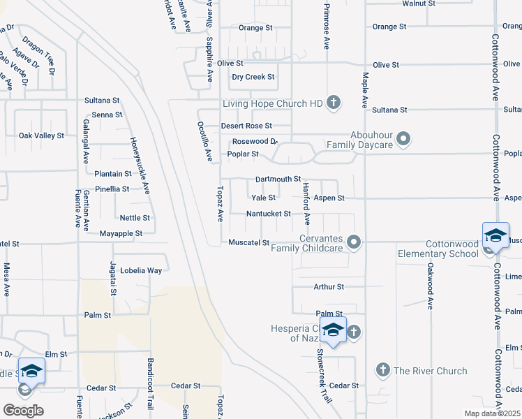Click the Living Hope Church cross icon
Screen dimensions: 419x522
click(x=334, y=103)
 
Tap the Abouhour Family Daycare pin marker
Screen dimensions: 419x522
click(x=403, y=140)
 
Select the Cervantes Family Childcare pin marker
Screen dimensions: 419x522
click(x=355, y=242)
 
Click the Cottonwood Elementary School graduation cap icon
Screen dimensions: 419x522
click(x=495, y=235)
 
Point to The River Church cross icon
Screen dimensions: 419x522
click(x=382, y=369)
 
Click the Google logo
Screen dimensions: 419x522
click(x=23, y=411)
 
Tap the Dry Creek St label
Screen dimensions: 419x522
click(x=253, y=77)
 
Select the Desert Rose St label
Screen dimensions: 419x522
click(x=246, y=126)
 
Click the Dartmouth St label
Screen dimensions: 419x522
click(x=278, y=179)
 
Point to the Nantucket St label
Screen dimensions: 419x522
click(x=268, y=214)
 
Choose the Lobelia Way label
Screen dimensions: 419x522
click(x=141, y=270)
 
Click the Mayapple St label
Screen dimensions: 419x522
click(x=121, y=233)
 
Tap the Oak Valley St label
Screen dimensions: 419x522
click(x=41, y=135)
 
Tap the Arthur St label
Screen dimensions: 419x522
click(x=329, y=286)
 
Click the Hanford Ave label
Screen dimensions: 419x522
click(x=306, y=203)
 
